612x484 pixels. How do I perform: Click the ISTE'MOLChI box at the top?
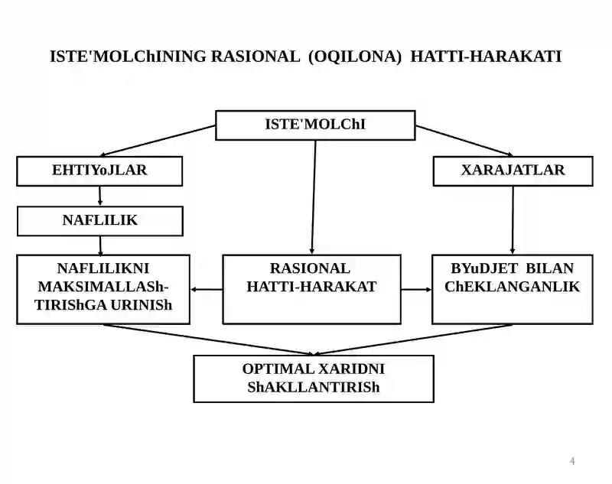point(315,125)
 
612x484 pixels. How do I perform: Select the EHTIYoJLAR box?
point(99,171)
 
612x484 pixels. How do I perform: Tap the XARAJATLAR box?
point(513,171)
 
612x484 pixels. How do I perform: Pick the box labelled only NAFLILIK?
point(100,221)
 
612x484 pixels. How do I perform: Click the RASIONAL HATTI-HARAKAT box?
point(311,289)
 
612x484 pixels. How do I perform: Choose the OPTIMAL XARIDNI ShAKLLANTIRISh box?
point(314,378)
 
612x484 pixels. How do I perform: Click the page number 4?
point(572,461)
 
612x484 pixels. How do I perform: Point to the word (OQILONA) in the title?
point(355,57)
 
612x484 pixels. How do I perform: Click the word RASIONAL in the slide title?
point(256,57)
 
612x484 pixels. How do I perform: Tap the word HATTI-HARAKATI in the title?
point(486,57)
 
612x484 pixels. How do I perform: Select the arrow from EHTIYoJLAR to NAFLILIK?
point(100,196)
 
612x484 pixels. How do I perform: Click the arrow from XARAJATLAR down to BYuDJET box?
point(513,220)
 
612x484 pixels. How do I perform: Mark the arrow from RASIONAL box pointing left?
point(206,289)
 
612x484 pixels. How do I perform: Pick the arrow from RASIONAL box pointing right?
point(416,289)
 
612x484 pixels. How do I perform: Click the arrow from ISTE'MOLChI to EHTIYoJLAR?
point(158,141)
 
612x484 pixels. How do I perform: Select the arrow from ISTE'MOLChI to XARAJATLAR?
point(464,141)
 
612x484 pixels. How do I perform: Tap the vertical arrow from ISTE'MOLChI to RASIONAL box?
point(314,197)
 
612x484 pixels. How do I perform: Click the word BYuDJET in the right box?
point(484,268)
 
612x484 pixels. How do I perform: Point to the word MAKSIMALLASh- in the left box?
point(103,287)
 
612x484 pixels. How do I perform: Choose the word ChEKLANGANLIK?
point(512,287)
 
